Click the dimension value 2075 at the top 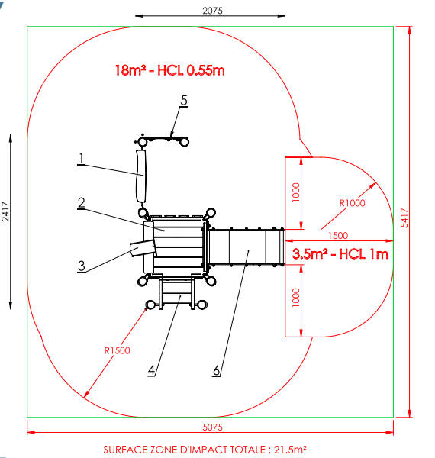coord(212,11)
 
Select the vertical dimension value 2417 coord(5,211)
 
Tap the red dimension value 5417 coord(404,218)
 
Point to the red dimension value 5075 coord(212,427)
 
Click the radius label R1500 coord(117,350)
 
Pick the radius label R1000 coord(352,203)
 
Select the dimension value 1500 coord(338,235)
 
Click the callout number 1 coord(82,159)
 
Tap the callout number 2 coord(82,203)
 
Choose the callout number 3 coord(82,266)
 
